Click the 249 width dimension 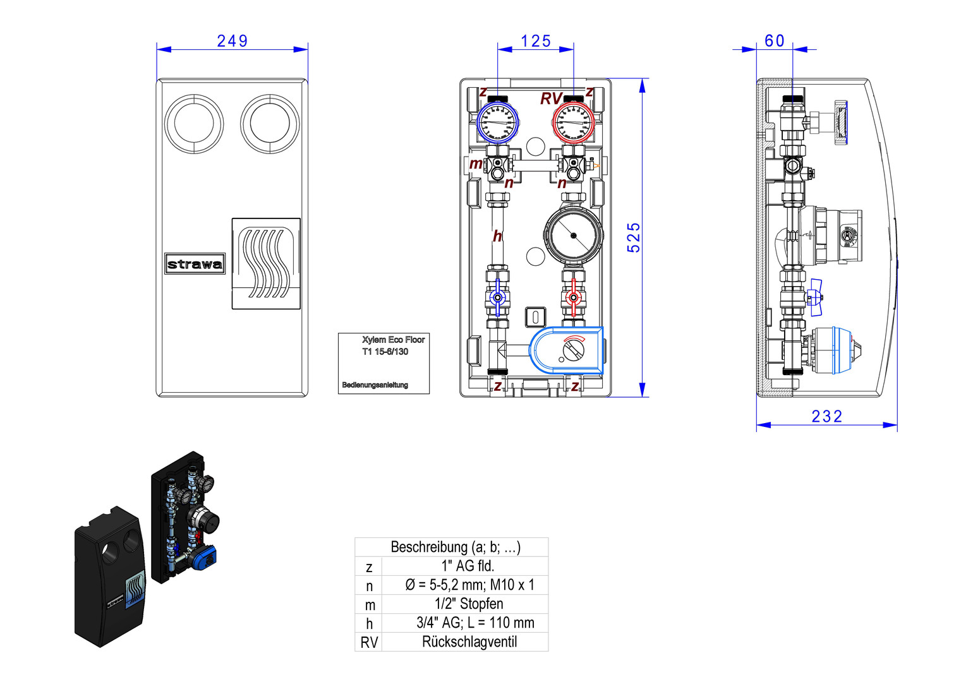(x=232, y=41)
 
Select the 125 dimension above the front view (x=536, y=41)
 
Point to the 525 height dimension (x=634, y=237)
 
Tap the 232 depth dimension (x=826, y=416)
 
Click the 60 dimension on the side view (x=774, y=41)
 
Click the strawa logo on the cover (x=195, y=264)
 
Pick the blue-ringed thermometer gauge (x=497, y=122)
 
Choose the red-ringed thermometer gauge (x=573, y=122)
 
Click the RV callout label (x=550, y=99)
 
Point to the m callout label (x=475, y=164)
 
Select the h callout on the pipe (x=497, y=236)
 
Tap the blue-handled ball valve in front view (x=497, y=297)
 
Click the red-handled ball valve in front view (x=573, y=297)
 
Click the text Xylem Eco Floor (x=393, y=340)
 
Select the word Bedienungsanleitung (x=375, y=385)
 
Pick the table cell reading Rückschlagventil (x=469, y=642)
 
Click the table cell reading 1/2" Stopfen (x=469, y=604)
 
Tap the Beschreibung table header (x=455, y=547)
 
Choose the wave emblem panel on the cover (x=266, y=263)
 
